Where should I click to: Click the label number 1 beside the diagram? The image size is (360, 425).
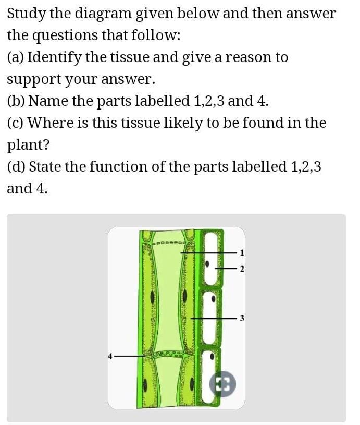tap(241, 253)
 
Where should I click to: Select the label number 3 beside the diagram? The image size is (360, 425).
tap(241, 318)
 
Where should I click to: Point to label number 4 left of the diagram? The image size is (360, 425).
tap(110, 356)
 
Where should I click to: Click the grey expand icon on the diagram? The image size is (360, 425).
tap(222, 384)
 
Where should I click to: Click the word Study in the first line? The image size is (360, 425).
tap(27, 14)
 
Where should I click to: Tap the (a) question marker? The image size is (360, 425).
tap(15, 57)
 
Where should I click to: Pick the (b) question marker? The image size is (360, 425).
tap(16, 101)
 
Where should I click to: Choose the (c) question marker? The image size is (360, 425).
tap(15, 123)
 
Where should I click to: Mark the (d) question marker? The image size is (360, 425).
tap(16, 167)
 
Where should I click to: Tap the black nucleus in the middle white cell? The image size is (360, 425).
tap(213, 300)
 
